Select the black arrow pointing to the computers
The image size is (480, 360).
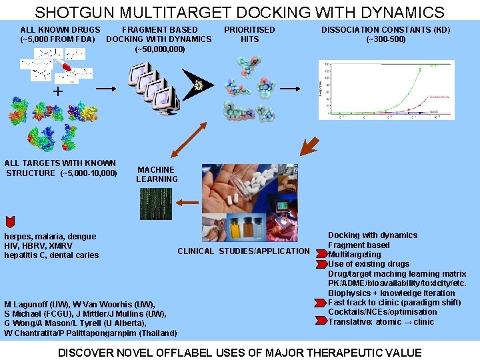pos(106,87)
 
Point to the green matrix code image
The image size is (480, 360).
pos(155,203)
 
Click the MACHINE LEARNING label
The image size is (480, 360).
pos(157,175)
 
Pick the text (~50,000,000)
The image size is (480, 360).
pos(160,49)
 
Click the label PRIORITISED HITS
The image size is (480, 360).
pos(249,34)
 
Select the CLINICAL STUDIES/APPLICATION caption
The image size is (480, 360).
pos(243,251)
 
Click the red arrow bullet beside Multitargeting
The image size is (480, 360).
pos(323,255)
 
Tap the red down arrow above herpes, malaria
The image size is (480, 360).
pos(10,221)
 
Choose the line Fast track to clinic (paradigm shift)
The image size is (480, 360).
pos(394,303)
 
